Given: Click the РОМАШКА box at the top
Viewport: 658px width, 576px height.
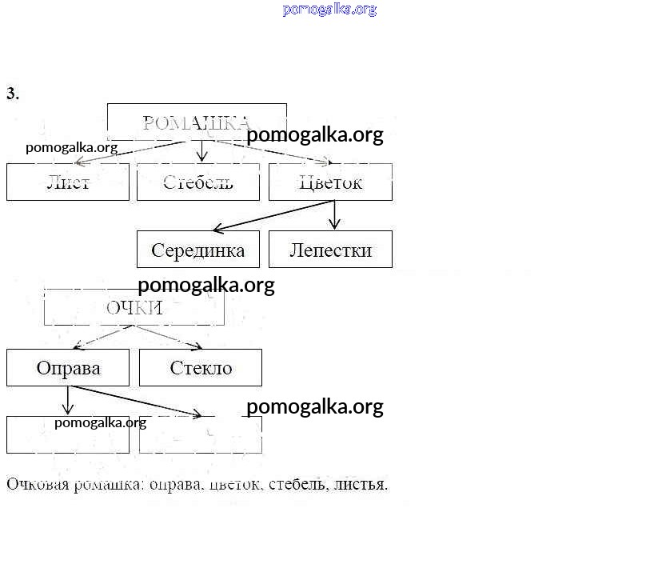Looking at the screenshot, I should (197, 122).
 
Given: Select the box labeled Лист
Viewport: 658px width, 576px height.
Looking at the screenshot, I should (68, 182).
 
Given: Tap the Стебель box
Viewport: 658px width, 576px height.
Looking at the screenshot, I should (198, 182).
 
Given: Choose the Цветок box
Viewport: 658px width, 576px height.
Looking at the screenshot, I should (330, 182).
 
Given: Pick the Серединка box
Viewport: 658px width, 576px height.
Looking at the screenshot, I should (198, 250).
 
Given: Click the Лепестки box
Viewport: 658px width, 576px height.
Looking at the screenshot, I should (330, 250).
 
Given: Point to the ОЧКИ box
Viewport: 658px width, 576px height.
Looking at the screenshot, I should (134, 308).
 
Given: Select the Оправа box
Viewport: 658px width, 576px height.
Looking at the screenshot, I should (68, 368).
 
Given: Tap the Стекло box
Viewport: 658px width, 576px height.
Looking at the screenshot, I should (201, 368).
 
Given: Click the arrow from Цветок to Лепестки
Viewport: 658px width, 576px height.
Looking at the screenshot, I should (335, 214).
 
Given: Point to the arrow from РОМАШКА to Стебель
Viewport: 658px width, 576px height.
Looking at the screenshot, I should (202, 150).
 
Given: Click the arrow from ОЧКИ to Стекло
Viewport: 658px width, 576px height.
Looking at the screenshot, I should (169, 337).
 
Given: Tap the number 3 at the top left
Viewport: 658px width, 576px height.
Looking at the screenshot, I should (12, 94).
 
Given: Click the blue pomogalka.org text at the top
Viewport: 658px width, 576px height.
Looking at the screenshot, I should (329, 10).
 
